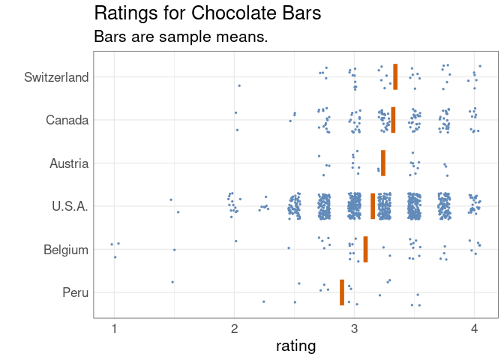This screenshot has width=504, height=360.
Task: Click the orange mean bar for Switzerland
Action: tap(395, 76)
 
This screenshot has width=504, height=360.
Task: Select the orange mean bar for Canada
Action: tap(393, 120)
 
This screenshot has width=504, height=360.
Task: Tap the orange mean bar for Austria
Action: tap(383, 163)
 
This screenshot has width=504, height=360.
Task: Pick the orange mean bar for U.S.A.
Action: tap(373, 206)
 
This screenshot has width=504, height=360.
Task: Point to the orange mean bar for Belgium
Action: tap(365, 249)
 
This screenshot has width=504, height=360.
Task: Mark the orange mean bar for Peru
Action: tap(342, 292)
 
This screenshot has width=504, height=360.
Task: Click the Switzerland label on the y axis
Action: tap(56, 77)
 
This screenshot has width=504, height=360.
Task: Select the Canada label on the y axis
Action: tap(67, 120)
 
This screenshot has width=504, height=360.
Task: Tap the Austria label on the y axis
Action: tap(69, 163)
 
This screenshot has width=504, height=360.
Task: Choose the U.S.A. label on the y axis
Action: tap(70, 206)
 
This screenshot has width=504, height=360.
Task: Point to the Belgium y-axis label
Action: tap(67, 250)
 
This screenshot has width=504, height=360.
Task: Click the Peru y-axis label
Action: tap(76, 292)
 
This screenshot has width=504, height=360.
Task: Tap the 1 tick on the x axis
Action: tap(114, 328)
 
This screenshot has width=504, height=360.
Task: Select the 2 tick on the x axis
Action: tap(235, 328)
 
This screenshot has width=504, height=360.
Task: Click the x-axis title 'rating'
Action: tap(295, 346)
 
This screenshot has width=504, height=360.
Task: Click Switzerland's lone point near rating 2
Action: tap(239, 85)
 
